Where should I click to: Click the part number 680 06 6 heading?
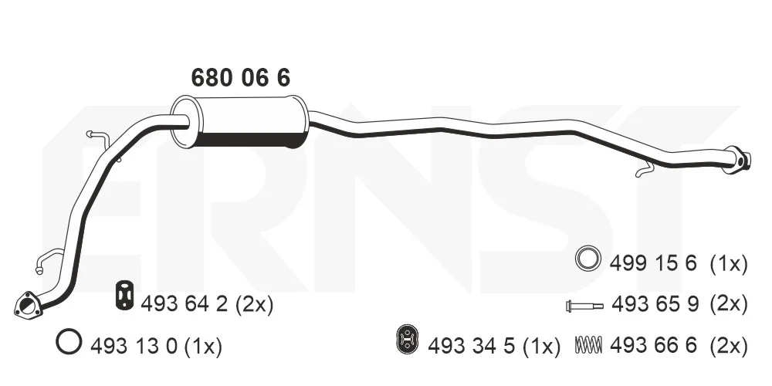pos(240,78)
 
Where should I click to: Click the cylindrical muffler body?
pos(240,122)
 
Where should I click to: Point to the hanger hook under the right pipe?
pos(645,171)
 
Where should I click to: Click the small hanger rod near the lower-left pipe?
pos(48,259)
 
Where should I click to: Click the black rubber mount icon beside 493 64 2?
pos(125,296)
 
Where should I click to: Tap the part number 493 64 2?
pos(185,305)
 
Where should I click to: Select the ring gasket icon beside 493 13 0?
pos(69,341)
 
